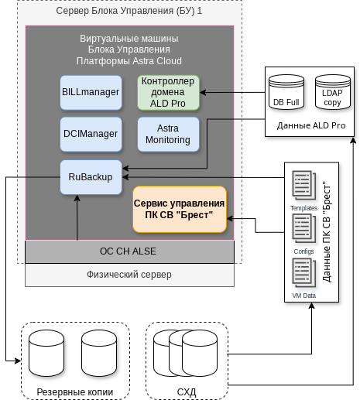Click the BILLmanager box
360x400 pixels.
pos(91,92)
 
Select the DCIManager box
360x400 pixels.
pos(91,134)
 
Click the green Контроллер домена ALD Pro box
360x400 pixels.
pos(168,92)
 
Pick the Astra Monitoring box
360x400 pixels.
pos(168,134)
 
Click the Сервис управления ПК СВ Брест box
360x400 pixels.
pos(179,209)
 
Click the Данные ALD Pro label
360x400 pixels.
pos(310,125)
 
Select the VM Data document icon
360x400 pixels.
pos(303,274)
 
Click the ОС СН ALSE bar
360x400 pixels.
pos(129,251)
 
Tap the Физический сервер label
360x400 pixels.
pos(129,275)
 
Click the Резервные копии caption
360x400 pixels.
pos(75,392)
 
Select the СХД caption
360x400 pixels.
pos(187,392)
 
